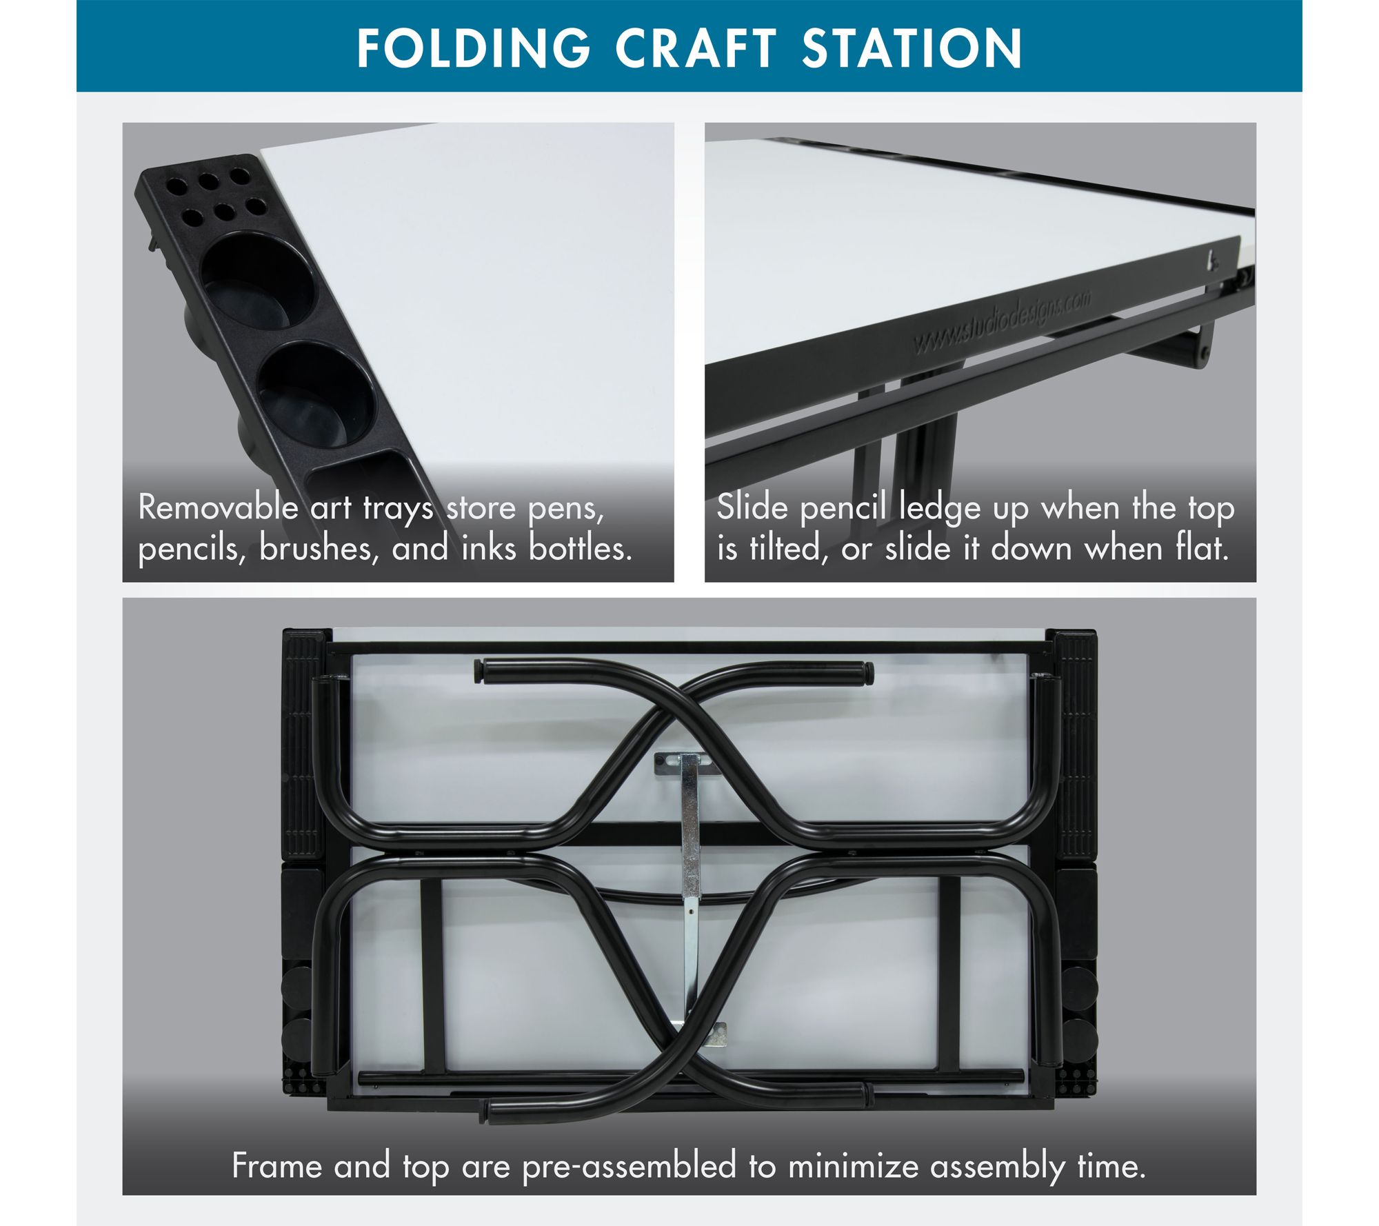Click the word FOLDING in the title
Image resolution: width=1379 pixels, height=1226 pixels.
point(474,48)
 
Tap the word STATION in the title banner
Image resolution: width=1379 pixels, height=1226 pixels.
point(912,48)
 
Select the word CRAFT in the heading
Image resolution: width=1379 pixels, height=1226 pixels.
point(696,48)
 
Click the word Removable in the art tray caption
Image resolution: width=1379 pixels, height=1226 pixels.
point(219,508)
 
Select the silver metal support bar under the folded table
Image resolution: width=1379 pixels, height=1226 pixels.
point(690,896)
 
